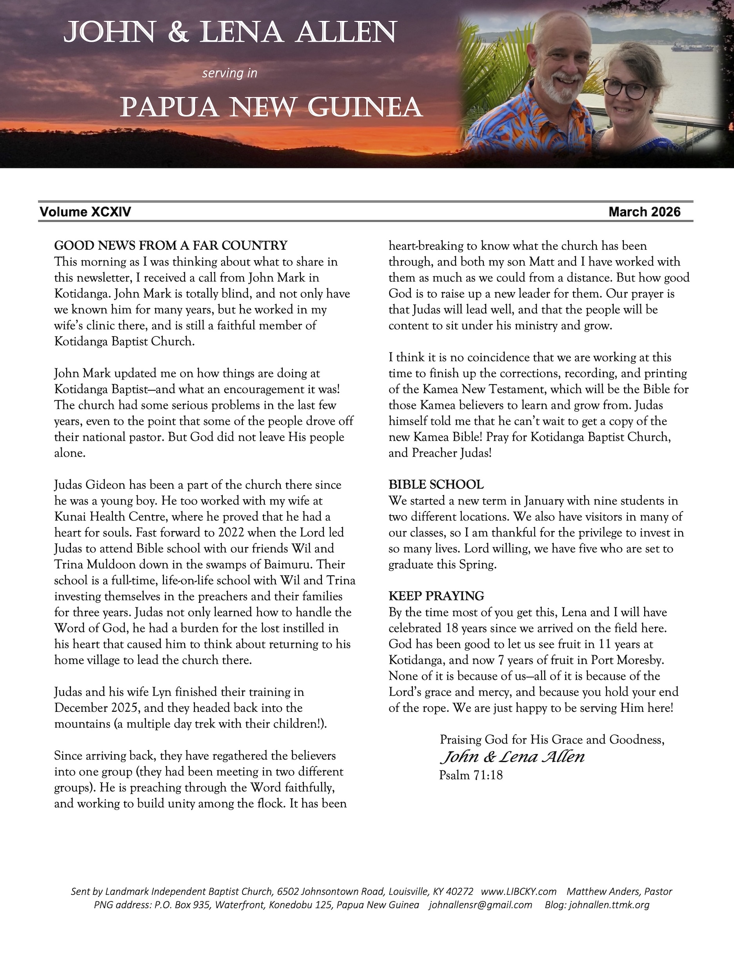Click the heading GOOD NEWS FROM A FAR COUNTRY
pyautogui.click(x=171, y=245)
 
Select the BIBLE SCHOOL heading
pyautogui.click(x=436, y=484)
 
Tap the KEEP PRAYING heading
pyautogui.click(x=436, y=596)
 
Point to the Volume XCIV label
pyautogui.click(x=85, y=212)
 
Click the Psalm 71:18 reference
pyautogui.click(x=471, y=775)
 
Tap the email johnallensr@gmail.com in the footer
pyautogui.click(x=480, y=905)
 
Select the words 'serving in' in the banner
pyautogui.click(x=229, y=73)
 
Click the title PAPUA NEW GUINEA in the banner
pyautogui.click(x=271, y=107)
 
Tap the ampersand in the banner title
pyautogui.click(x=178, y=33)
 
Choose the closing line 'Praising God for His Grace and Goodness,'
pyautogui.click(x=552, y=739)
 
